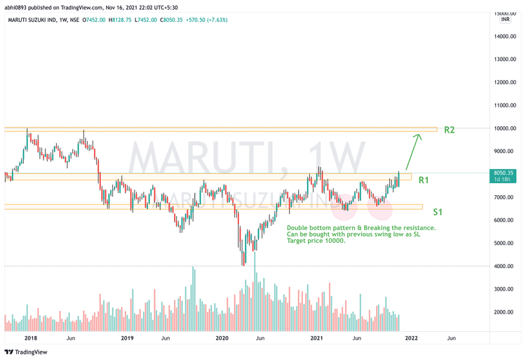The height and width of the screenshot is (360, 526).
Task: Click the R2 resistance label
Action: [450, 130]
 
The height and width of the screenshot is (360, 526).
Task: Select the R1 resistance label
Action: [424, 180]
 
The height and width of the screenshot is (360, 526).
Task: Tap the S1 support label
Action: [437, 211]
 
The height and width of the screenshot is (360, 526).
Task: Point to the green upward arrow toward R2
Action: [413, 151]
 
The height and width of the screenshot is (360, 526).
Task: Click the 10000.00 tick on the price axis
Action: [504, 128]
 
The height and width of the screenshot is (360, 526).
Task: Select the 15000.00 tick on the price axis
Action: [504, 13]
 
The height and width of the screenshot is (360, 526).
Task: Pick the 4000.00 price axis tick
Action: [504, 266]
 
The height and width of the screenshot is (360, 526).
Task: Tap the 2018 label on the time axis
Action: [30, 338]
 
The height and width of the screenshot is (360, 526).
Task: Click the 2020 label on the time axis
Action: [222, 338]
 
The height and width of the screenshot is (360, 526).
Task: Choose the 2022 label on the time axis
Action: [411, 338]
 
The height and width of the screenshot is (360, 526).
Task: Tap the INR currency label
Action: [504, 20]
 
